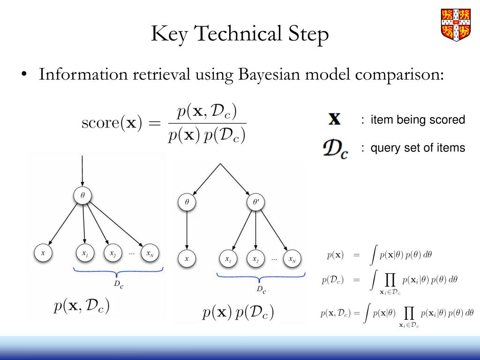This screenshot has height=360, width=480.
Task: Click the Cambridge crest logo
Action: (x=456, y=24)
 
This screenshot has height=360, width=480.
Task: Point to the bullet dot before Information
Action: (x=23, y=75)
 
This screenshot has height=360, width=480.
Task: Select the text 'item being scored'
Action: (x=418, y=120)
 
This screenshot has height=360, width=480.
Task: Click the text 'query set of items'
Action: (x=418, y=148)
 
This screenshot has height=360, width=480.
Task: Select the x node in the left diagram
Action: (x=43, y=254)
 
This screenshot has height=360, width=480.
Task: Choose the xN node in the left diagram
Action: (x=150, y=254)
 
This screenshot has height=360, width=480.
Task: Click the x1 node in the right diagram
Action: (x=228, y=259)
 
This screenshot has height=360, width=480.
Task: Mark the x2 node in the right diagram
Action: (x=255, y=259)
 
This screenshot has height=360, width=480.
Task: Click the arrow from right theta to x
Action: (x=187, y=230)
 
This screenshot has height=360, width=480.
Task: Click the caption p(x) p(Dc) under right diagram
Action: (x=238, y=313)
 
